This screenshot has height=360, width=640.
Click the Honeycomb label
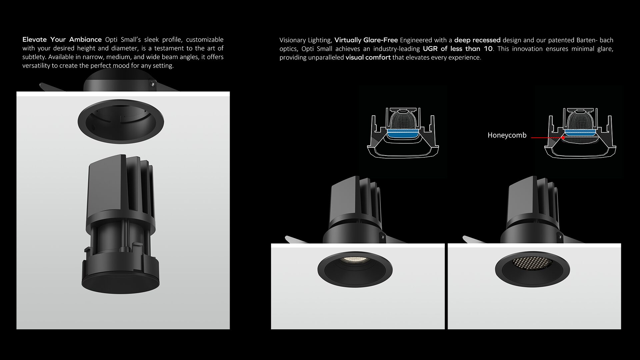[507, 135]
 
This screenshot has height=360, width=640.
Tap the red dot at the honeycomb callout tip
[563, 137]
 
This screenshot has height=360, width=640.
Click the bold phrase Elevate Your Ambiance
[62, 39]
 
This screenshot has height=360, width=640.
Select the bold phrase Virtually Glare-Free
[366, 40]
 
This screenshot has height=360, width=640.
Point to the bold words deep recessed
[477, 40]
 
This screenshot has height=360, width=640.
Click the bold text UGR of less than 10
[458, 49]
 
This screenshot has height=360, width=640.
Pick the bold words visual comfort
[368, 57]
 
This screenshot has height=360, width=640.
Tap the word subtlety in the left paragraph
[33, 57]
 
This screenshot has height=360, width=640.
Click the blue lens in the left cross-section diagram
[403, 134]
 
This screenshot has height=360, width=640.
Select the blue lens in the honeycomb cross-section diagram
[580, 133]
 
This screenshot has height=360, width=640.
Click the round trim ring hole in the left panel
[121, 121]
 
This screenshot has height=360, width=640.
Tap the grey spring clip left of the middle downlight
[297, 240]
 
